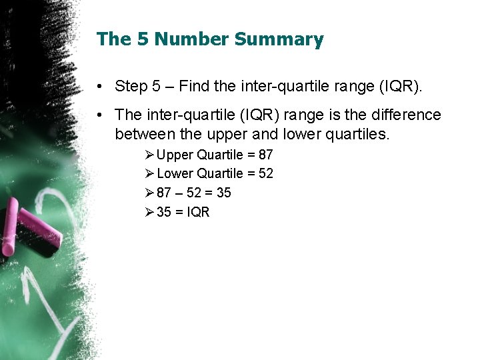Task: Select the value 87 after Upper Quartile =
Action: click(x=265, y=155)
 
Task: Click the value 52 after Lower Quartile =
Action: click(x=265, y=174)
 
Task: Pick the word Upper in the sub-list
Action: click(x=175, y=155)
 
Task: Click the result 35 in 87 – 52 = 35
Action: click(x=223, y=193)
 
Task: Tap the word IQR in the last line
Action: click(x=199, y=213)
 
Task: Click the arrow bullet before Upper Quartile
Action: click(x=149, y=155)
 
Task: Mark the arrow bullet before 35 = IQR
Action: click(x=149, y=213)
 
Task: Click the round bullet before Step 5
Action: click(x=98, y=87)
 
